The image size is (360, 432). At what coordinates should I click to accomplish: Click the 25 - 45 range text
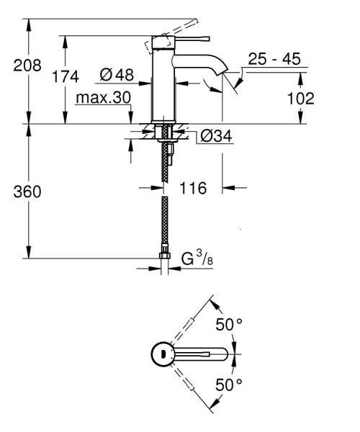274,60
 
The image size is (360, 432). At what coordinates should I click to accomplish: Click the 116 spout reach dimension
193,189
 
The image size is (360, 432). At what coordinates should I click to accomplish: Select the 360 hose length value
27,192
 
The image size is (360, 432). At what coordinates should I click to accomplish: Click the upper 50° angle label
230,325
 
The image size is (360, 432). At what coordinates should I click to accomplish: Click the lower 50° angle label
230,384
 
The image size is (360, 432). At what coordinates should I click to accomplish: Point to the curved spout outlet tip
223,73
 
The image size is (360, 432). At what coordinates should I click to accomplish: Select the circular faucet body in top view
163,354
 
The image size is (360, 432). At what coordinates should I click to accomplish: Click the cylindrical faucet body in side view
163,86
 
